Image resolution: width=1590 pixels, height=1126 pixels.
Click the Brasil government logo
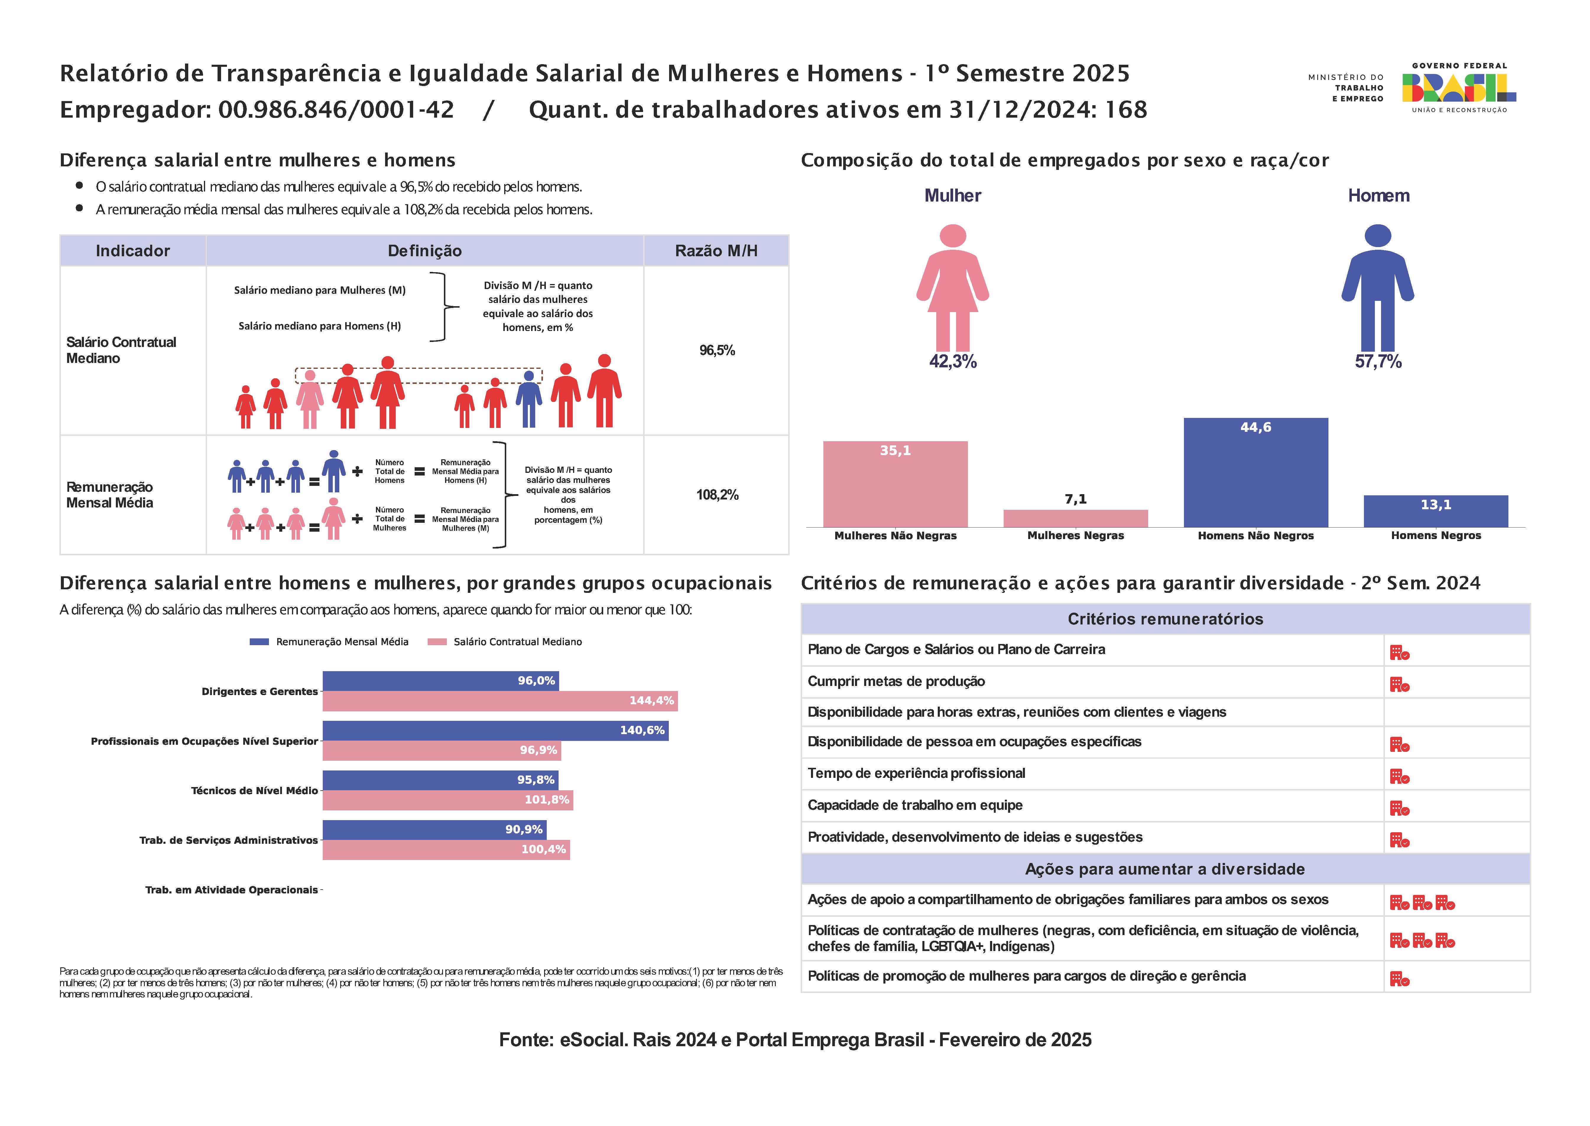click(1459, 88)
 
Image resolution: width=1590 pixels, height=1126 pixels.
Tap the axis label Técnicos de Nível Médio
click(254, 791)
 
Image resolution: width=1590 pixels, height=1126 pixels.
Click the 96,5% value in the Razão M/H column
click(717, 350)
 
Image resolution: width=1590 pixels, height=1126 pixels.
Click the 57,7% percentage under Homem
click(1378, 361)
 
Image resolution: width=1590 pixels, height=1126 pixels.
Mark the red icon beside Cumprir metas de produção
click(1399, 685)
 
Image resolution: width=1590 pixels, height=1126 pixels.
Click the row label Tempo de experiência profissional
click(916, 773)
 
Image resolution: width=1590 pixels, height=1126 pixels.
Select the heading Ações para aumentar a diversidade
click(1165, 869)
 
